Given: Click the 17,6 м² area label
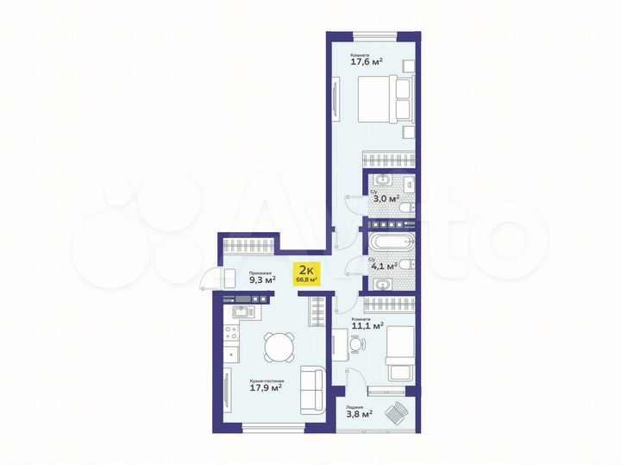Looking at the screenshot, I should (366, 61).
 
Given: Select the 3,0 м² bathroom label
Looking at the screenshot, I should (385, 198).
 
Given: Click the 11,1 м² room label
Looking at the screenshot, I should (367, 326).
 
